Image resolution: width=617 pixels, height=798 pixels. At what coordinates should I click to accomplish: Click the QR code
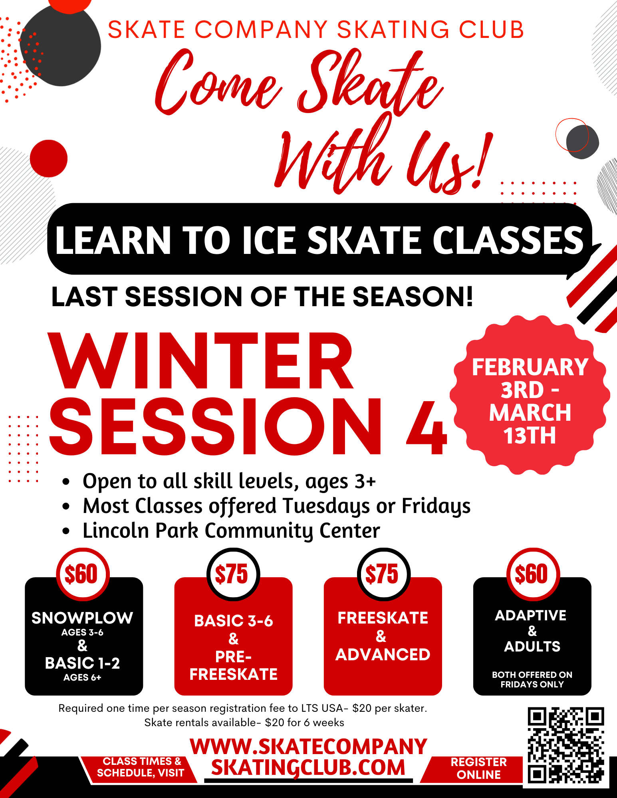tap(565, 745)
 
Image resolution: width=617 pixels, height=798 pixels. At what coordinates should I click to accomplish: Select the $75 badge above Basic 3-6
tap(233, 574)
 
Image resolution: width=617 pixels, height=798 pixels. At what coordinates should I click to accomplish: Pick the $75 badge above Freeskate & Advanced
tap(383, 574)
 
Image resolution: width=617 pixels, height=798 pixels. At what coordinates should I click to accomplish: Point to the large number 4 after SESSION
tap(427, 427)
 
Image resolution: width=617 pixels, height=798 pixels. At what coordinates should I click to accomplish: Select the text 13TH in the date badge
tap(530, 435)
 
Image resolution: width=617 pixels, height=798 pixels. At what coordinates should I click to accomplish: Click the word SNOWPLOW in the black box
tap(82, 618)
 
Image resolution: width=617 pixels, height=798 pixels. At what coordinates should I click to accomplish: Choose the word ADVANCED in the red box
tap(383, 654)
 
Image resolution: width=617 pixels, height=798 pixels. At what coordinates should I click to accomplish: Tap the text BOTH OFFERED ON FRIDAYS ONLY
tap(532, 679)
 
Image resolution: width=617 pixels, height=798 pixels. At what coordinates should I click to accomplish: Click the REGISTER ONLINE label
tap(478, 768)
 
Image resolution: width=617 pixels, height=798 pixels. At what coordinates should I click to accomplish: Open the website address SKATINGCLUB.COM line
tap(308, 767)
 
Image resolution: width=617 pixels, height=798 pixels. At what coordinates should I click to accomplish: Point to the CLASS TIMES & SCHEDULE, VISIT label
tap(140, 767)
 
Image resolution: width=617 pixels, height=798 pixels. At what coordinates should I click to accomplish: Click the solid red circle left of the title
tap(49, 158)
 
